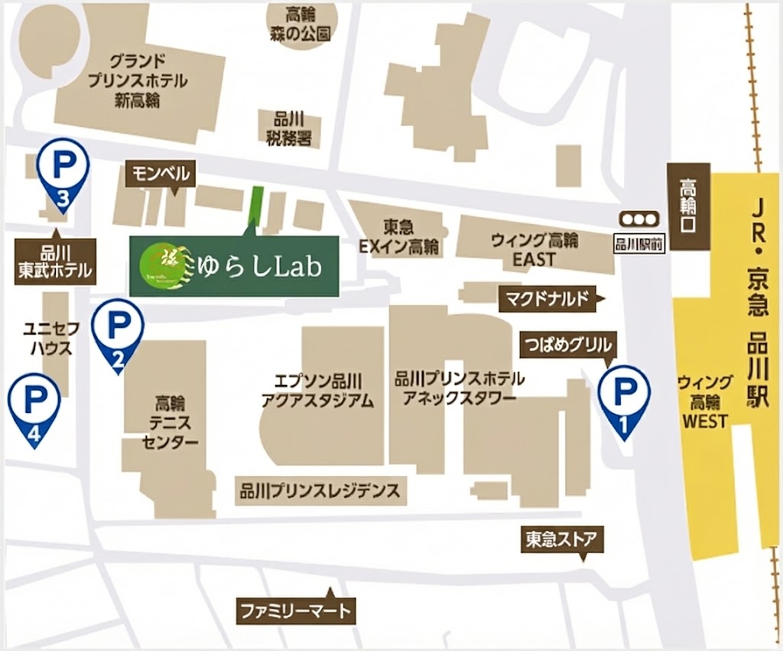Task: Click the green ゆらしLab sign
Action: tap(234, 265)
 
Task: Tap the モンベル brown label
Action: tap(161, 174)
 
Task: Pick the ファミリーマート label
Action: tap(295, 611)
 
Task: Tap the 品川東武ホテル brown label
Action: tap(55, 262)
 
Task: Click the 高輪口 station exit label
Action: tap(687, 207)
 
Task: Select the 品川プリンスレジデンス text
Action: tap(319, 490)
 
